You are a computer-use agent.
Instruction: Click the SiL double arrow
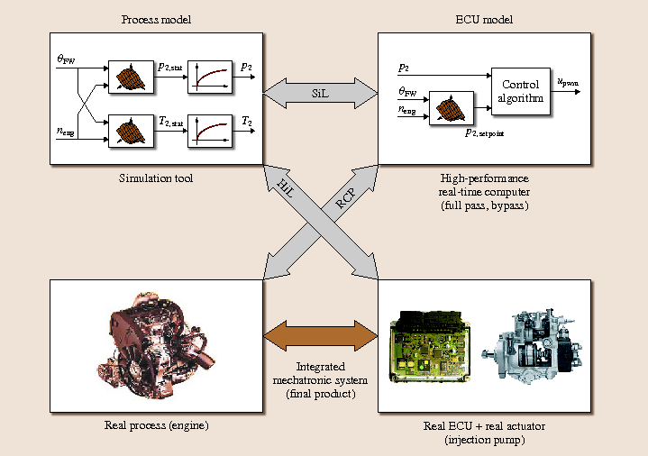pyautogui.click(x=320, y=94)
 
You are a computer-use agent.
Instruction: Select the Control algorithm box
pyautogui.click(x=522, y=91)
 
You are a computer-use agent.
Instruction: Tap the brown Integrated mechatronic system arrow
pyautogui.click(x=320, y=334)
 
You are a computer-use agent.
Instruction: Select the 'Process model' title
pyautogui.click(x=155, y=19)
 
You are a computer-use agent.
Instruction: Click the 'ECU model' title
pyautogui.click(x=483, y=19)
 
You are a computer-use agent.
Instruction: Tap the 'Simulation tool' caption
pyautogui.click(x=156, y=178)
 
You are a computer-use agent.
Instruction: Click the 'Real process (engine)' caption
pyautogui.click(x=156, y=424)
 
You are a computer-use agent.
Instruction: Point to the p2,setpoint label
pyautogui.click(x=484, y=133)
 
